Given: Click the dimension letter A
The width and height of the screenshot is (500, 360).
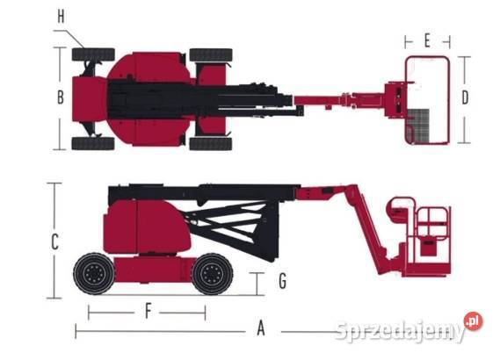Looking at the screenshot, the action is (261, 328).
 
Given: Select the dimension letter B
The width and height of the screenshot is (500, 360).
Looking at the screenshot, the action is (61, 97).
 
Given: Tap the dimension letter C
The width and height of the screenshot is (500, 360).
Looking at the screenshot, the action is (54, 242).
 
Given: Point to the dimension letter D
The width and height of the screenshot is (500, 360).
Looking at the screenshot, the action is (465, 97).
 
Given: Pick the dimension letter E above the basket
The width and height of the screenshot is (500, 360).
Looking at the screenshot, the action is (427, 41).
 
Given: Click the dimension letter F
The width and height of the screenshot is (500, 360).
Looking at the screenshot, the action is (148, 311).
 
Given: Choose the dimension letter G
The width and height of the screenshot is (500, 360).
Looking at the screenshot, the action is (283, 281).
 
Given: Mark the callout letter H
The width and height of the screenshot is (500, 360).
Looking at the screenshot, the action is (62, 17).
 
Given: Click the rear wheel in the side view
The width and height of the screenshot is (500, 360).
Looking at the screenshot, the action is (94, 274).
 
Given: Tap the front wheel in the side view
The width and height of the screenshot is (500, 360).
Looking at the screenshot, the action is (212, 274).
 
